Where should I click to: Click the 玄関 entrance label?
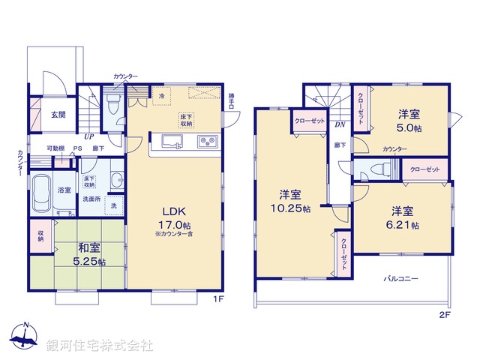(x=58, y=115)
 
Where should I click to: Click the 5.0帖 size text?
(x=409, y=127)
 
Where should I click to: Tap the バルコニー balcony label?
(x=402, y=278)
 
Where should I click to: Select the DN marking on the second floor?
(x=339, y=125)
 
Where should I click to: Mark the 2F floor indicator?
(x=444, y=316)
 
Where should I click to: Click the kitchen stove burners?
(x=207, y=142)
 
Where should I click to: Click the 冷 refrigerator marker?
(x=160, y=96)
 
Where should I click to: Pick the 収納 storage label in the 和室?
(x=40, y=238)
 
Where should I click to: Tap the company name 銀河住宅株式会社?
(x=100, y=346)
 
